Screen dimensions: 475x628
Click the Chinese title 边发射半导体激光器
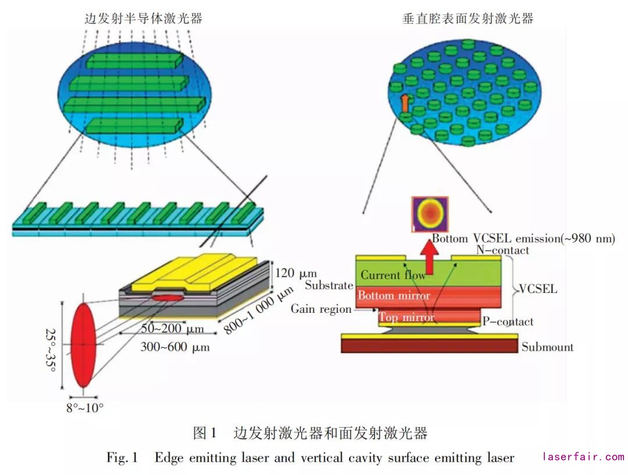click(x=143, y=19)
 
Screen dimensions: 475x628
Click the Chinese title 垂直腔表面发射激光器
click(x=468, y=19)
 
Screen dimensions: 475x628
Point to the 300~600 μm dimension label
click(x=175, y=347)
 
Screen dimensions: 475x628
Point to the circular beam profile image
click(x=430, y=214)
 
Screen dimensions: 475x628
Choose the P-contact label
click(x=507, y=322)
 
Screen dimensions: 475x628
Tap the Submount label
click(x=547, y=347)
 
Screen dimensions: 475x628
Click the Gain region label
click(x=321, y=309)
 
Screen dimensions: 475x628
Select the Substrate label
click(x=329, y=285)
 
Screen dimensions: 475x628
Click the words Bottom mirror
click(x=394, y=295)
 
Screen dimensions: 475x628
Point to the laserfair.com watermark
click(x=583, y=457)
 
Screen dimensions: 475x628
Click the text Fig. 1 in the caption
click(x=122, y=458)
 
